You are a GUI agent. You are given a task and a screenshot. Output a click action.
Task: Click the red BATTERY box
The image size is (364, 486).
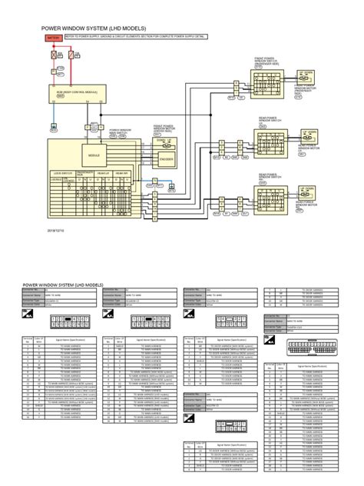54,37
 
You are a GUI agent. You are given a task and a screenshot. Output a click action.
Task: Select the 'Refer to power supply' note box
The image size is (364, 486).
131,37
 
